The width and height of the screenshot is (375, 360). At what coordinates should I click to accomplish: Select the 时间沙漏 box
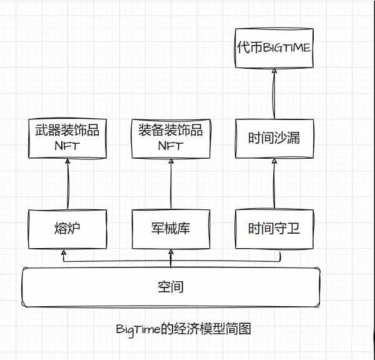coord(273,137)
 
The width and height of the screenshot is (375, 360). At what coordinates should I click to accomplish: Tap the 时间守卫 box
coord(273,227)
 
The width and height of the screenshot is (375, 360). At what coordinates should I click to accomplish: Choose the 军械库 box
coord(171,227)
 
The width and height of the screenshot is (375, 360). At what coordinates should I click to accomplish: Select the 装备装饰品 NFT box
coord(171,138)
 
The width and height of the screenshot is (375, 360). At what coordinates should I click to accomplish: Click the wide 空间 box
coord(170,287)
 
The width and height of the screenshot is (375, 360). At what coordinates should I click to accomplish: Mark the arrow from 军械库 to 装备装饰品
coord(171,184)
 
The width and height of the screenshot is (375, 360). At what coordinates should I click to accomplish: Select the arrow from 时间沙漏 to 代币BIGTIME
coord(273,94)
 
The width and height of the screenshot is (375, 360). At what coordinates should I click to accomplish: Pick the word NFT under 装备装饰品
coord(171,146)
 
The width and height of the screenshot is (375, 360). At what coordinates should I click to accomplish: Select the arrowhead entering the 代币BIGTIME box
coord(272,72)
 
